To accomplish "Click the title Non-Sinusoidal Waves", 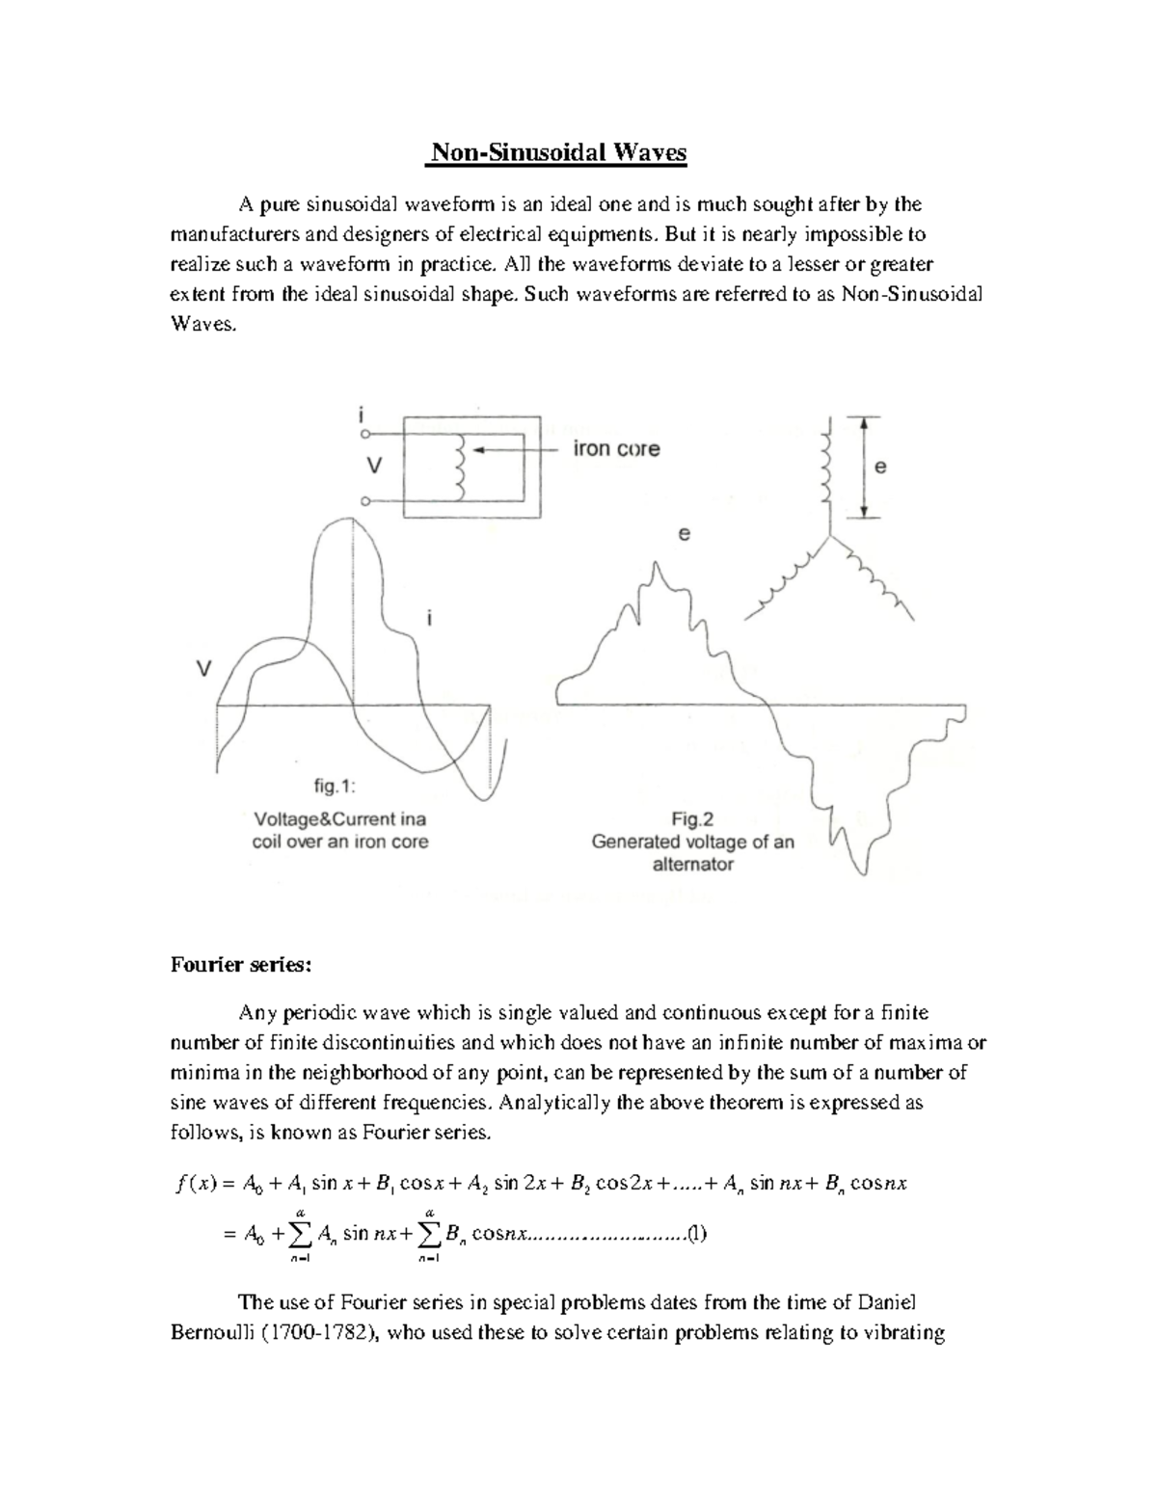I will pos(558,152).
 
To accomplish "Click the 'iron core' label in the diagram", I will pos(616,449).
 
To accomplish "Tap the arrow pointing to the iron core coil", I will pos(515,450).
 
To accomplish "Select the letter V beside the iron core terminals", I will pos(374,466).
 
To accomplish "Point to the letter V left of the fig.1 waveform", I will pos(203,668).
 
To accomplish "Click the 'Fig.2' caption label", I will pos(692,819).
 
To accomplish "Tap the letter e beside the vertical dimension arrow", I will pos(879,467).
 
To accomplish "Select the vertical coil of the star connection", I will pos(825,471).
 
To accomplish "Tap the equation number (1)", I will pos(697,1233).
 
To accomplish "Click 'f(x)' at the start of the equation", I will pos(192,1184).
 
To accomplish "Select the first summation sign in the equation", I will pos(301,1235).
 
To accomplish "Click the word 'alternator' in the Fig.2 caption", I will pos(692,865).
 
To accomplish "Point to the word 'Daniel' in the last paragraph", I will pos(886,1303).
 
